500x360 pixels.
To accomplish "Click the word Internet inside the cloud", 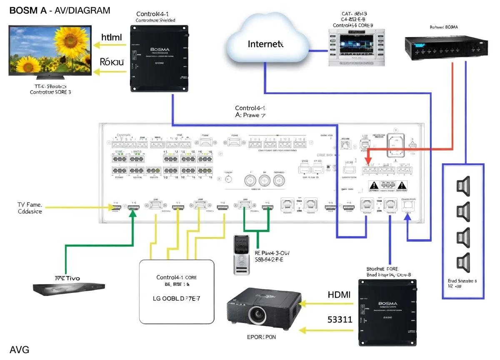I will [265, 44].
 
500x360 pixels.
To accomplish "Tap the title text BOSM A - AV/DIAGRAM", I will [60, 10].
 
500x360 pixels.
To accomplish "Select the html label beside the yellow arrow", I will [111, 37].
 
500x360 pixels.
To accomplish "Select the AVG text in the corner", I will [19, 349].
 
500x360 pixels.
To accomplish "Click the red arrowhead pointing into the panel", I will [367, 162].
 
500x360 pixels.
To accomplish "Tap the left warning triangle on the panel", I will [373, 185].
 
